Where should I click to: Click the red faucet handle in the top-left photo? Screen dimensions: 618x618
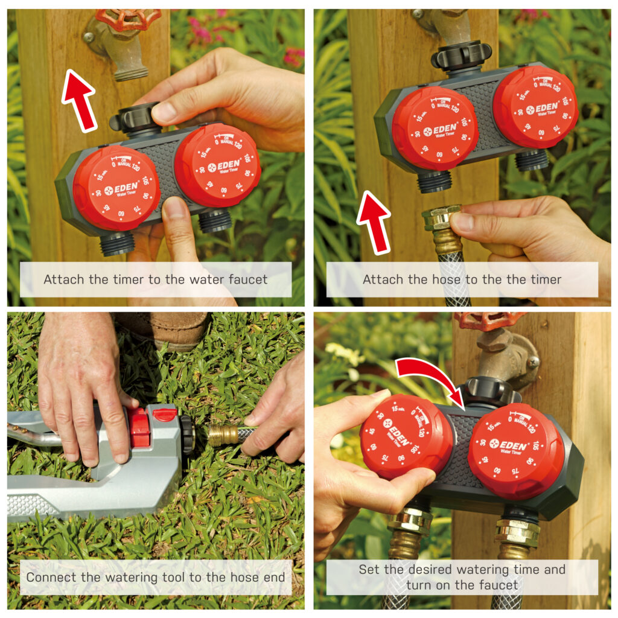128,18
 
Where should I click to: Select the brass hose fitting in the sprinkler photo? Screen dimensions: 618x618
224,435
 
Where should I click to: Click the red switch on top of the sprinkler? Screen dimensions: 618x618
164,414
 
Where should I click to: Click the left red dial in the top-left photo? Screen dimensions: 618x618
116,188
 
